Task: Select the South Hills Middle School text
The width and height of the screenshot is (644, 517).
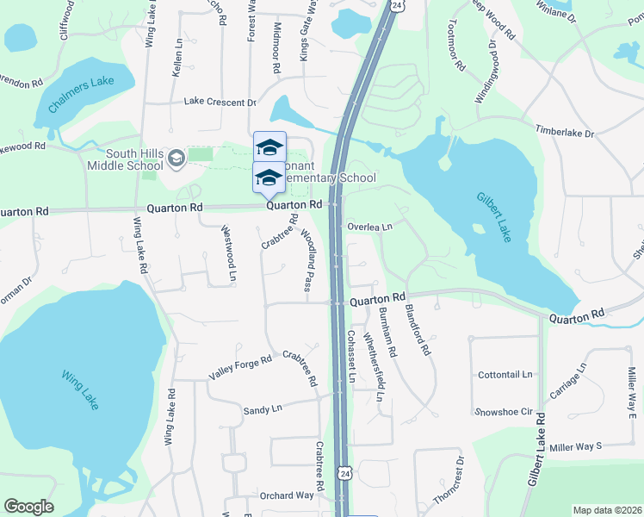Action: pos(122,159)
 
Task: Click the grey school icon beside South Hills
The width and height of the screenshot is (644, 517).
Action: pos(176,158)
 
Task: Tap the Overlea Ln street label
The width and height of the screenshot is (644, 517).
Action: pos(369,227)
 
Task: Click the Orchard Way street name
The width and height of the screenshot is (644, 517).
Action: pos(287,495)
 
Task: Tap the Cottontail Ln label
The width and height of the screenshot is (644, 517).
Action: pos(505,376)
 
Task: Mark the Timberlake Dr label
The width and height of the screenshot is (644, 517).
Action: pos(566,134)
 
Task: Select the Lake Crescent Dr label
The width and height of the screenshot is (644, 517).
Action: pos(220,102)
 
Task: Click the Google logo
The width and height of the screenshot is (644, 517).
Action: pos(28,507)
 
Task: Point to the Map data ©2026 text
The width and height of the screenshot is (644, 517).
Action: pos(606,510)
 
